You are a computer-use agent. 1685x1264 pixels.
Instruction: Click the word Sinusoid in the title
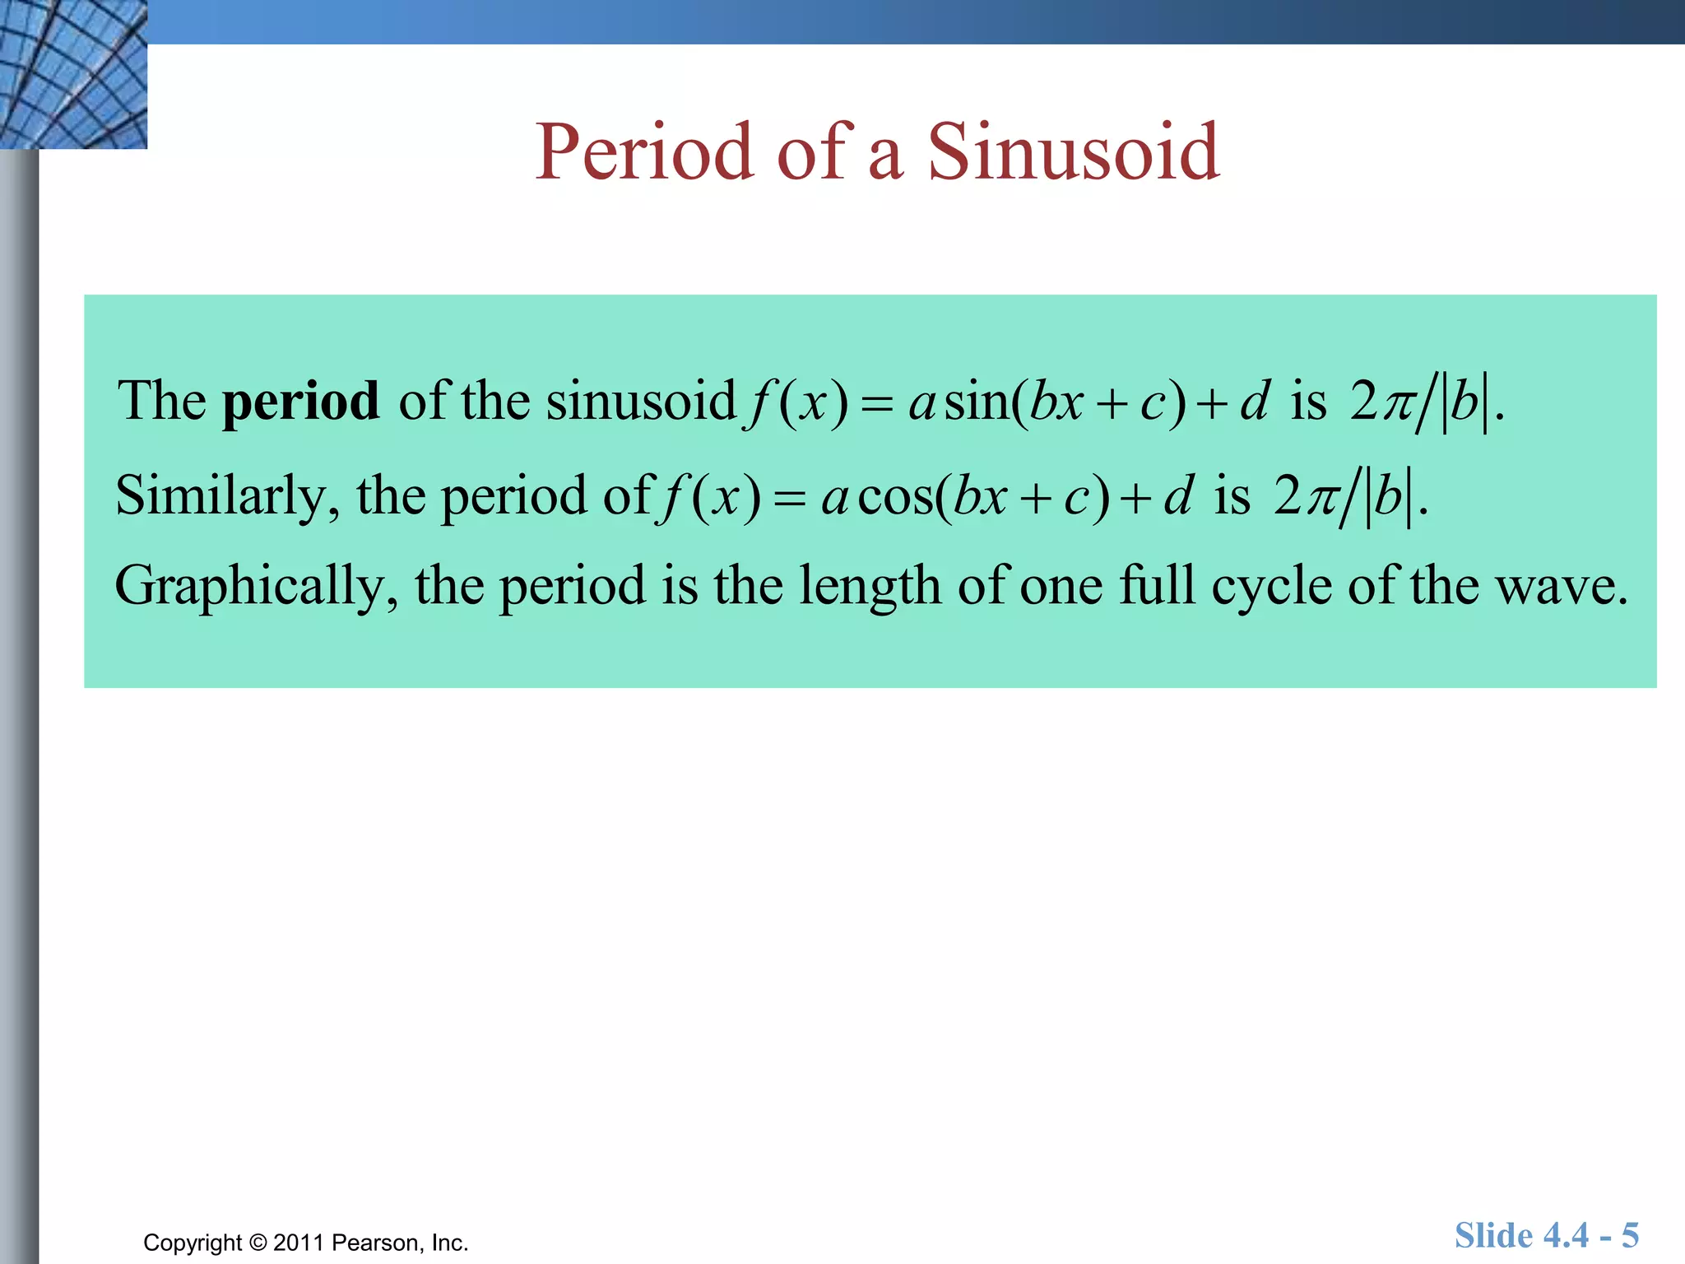pyautogui.click(x=1073, y=152)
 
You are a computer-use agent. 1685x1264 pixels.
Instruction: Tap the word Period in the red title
pyautogui.click(x=644, y=152)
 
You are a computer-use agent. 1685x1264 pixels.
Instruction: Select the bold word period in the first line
pyautogui.click(x=301, y=402)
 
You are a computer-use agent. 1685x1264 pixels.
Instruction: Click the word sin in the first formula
pyautogui.click(x=977, y=402)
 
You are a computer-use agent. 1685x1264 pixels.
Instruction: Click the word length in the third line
pyautogui.click(x=870, y=588)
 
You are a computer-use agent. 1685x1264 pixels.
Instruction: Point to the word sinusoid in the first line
pyautogui.click(x=641, y=402)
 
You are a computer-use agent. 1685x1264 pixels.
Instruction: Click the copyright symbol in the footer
pyautogui.click(x=258, y=1243)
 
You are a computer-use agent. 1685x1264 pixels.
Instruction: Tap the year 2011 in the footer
pyautogui.click(x=299, y=1243)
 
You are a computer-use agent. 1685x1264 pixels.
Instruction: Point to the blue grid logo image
pyautogui.click(x=73, y=74)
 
